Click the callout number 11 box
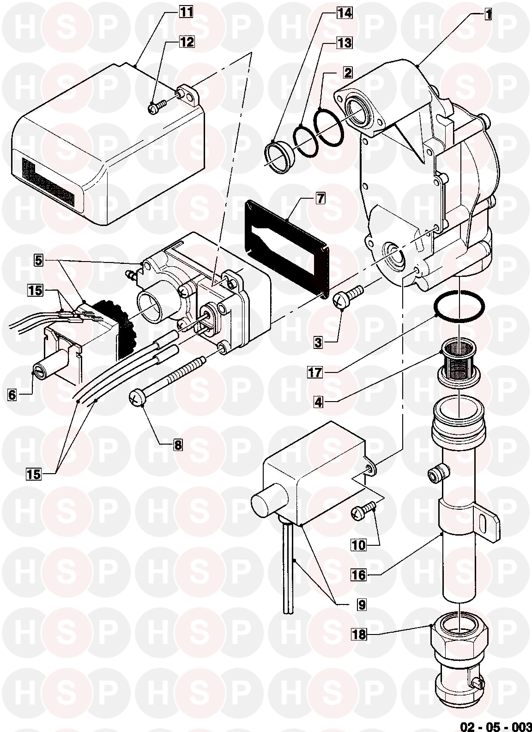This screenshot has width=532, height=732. click(x=186, y=12)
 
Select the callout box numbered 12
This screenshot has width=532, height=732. click(x=187, y=41)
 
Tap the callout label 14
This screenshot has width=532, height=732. click(x=344, y=13)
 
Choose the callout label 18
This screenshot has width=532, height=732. click(x=359, y=634)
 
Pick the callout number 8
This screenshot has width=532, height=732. click(x=177, y=445)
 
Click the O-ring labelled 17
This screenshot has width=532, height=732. click(x=460, y=306)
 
